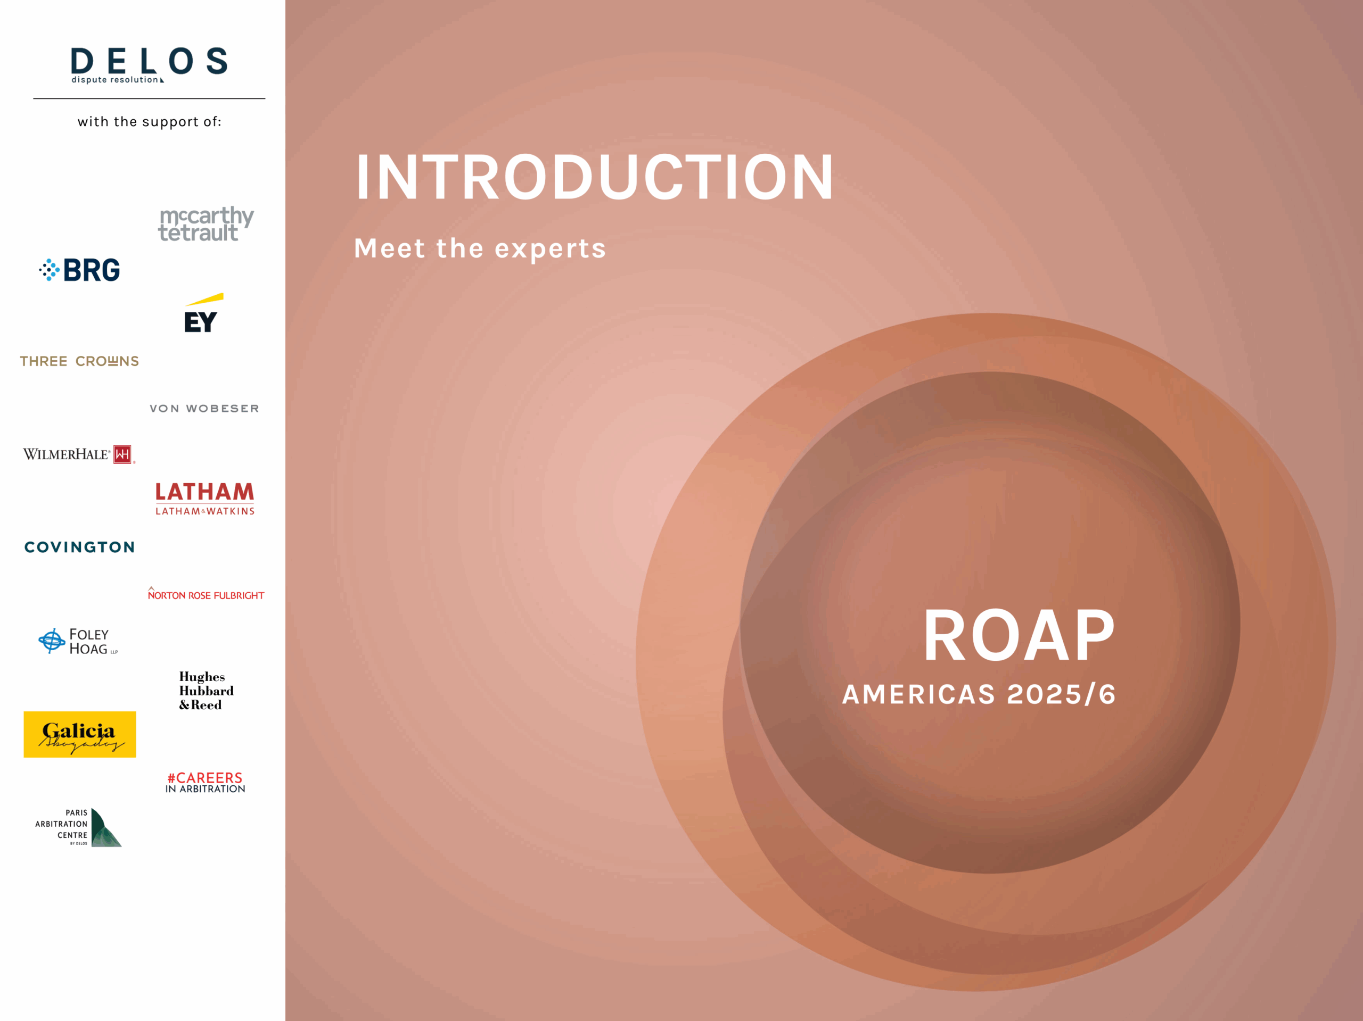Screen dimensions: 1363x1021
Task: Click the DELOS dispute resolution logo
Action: [149, 65]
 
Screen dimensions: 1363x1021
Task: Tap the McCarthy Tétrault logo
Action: [206, 223]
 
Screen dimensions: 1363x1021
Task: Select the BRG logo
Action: [79, 270]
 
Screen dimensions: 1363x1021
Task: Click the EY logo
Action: [203, 313]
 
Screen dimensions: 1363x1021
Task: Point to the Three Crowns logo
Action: [79, 361]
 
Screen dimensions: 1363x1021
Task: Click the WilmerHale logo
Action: [79, 454]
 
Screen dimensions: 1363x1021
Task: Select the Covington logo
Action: [79, 547]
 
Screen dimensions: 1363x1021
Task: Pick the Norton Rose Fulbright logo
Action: [206, 594]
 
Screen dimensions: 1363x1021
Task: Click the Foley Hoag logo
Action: [78, 641]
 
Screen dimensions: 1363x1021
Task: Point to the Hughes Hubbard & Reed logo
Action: [207, 690]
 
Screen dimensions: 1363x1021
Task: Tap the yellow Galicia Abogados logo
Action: [79, 734]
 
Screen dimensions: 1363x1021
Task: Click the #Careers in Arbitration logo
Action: [205, 782]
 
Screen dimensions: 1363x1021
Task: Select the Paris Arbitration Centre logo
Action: [78, 827]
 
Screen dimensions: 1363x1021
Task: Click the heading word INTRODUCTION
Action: [595, 177]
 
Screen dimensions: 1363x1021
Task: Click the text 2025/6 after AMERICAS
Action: [1061, 694]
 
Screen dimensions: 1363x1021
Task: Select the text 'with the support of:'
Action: [149, 122]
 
